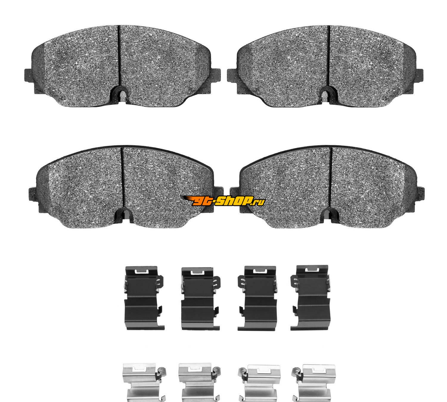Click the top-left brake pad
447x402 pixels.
pos(122,66)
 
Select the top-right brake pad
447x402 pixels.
pos(325,66)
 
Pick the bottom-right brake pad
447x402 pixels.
pos(328,187)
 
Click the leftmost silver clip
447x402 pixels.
pos(144,383)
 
